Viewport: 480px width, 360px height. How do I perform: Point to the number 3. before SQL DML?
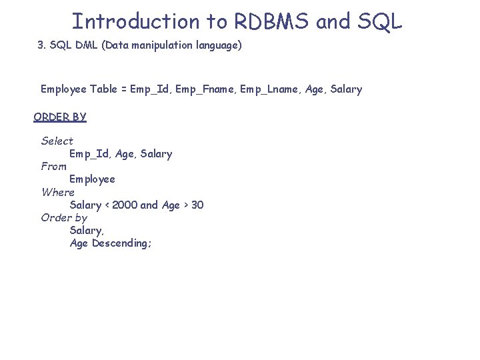[42, 45]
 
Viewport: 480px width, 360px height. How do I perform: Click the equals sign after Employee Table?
[124, 89]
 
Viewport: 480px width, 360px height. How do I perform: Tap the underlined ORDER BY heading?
[60, 117]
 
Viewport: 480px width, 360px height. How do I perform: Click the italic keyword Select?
[57, 141]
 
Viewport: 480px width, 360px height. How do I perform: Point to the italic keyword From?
[54, 166]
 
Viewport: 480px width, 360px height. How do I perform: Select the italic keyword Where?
[58, 192]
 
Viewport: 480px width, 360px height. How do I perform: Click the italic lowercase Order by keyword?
[64, 217]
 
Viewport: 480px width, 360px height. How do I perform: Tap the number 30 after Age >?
[197, 205]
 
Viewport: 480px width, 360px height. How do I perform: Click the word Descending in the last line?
[122, 243]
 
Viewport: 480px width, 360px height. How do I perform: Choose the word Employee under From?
[92, 179]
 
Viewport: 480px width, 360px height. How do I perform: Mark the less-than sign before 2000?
[107, 205]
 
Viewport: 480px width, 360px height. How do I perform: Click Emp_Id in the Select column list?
[89, 154]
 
